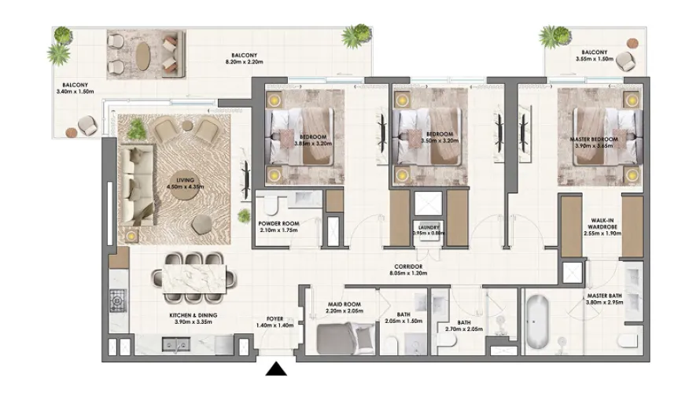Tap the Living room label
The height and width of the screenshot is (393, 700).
pyautogui.click(x=186, y=180)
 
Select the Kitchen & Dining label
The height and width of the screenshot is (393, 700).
pyautogui.click(x=193, y=315)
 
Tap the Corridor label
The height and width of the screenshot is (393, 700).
pyautogui.click(x=407, y=266)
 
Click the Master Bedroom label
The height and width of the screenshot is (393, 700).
pyautogui.click(x=593, y=139)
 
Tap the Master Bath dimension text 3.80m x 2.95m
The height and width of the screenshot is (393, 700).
pyautogui.click(x=604, y=303)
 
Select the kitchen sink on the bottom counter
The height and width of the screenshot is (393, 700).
pyautogui.click(x=174, y=343)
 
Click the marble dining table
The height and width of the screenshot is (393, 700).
pyautogui.click(x=194, y=276)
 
